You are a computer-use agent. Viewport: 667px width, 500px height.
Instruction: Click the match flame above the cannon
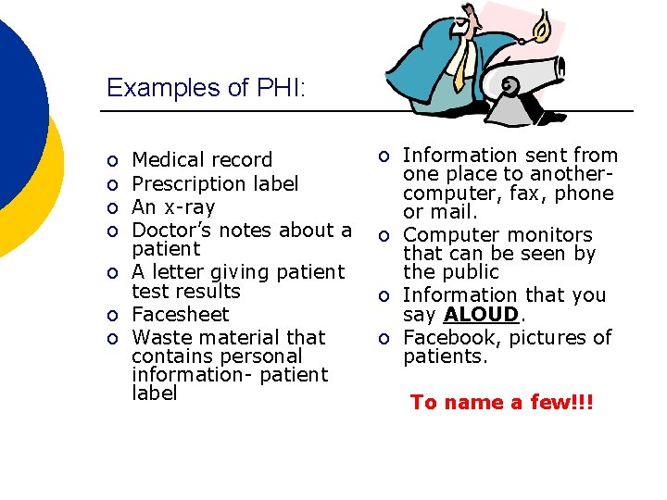point(543,23)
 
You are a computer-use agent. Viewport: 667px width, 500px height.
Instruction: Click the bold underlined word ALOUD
point(481,315)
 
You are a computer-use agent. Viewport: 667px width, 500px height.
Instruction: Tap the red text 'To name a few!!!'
point(501,402)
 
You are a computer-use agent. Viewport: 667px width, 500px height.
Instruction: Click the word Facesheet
point(180,314)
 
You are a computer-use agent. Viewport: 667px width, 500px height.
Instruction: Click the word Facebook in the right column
point(449,337)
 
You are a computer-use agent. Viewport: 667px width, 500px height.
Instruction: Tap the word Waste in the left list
point(159,337)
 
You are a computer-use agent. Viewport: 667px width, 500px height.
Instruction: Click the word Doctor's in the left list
point(171,230)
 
